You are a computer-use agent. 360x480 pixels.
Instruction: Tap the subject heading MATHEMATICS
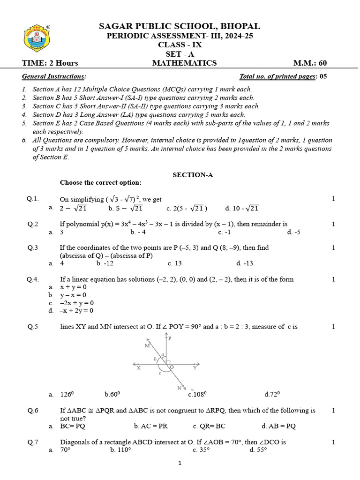184,63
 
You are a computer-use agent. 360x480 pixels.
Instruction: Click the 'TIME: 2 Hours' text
50,63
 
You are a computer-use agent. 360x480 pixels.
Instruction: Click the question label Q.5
33,327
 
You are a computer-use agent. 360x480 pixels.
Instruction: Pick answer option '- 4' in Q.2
139,232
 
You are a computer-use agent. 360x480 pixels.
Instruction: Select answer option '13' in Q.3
174,263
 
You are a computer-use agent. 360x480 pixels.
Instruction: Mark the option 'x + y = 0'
74,287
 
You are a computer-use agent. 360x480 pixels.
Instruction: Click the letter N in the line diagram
180,388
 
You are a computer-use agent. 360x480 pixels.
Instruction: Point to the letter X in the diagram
139,368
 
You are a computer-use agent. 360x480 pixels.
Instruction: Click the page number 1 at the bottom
180,464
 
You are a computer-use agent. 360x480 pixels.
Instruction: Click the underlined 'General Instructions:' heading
54,76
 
